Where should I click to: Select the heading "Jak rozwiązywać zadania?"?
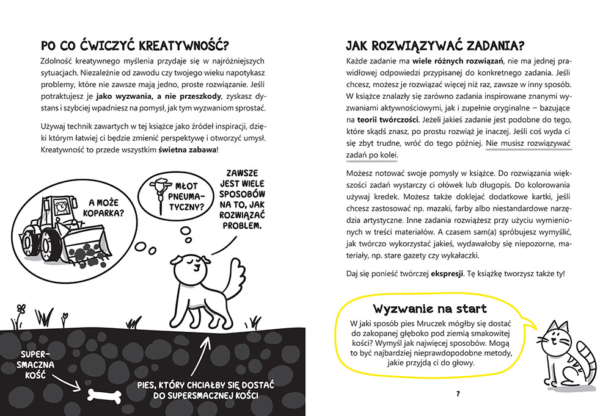pyautogui.click(x=434, y=46)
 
